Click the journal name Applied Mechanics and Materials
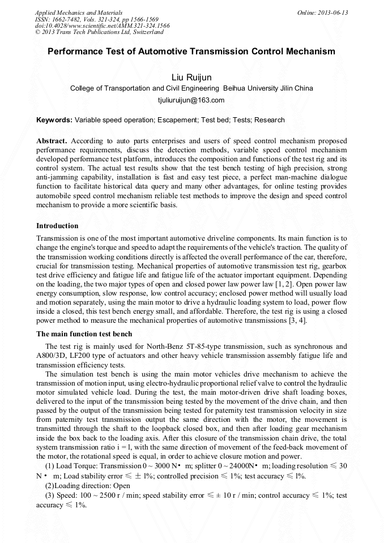click(x=79, y=12)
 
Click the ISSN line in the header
click(x=97, y=19)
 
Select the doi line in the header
click(x=102, y=25)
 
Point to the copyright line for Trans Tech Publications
click(x=99, y=32)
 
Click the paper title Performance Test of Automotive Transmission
click(x=191, y=52)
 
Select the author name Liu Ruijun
click(x=191, y=77)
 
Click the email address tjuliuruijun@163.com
click(x=191, y=100)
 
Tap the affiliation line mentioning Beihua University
click(x=191, y=88)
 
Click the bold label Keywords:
click(x=54, y=120)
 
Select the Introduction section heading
click(x=57, y=226)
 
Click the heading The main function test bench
click(x=84, y=334)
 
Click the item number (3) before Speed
click(x=50, y=495)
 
